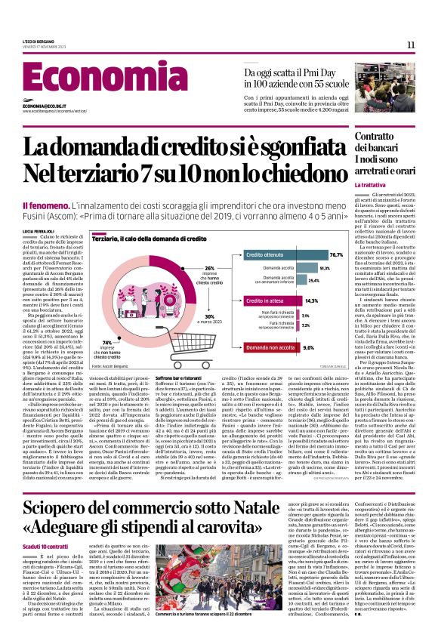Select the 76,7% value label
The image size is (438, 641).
coord(310,256)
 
